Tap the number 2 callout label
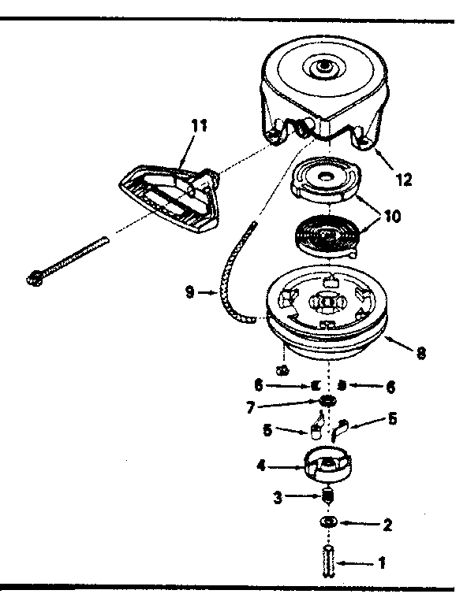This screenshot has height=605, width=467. point(387,523)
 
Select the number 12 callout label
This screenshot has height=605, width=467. point(403,179)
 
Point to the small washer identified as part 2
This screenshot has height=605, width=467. point(329,523)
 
